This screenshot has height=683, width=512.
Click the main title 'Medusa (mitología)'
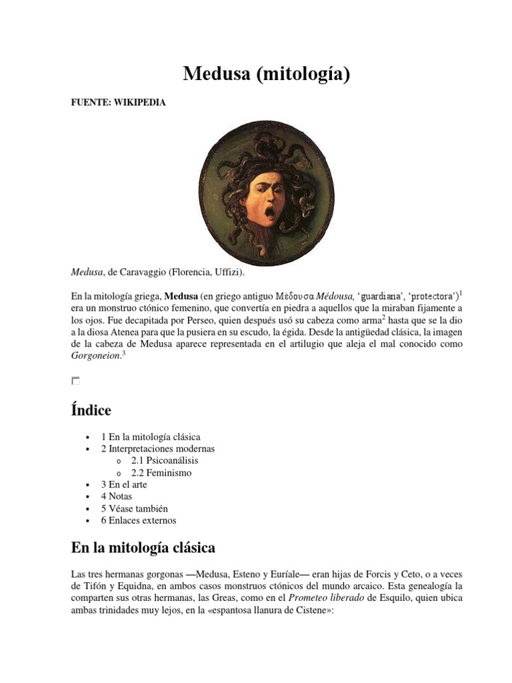[267, 75]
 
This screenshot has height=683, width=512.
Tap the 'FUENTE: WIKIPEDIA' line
[118, 103]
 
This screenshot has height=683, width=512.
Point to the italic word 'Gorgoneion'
[95, 356]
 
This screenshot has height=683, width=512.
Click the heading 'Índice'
[91, 409]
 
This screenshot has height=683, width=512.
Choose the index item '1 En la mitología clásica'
[151, 436]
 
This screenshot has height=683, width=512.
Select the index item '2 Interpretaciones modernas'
[158, 448]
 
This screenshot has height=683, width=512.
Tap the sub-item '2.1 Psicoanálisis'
[165, 460]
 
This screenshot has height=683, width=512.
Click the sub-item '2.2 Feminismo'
[161, 472]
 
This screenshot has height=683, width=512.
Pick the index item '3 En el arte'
[124, 484]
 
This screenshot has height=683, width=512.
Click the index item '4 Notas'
[117, 496]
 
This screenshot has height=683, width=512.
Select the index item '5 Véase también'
[134, 508]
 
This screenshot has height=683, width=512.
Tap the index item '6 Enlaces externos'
[139, 520]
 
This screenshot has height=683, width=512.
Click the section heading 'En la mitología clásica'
[143, 548]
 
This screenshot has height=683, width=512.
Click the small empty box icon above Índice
[75, 381]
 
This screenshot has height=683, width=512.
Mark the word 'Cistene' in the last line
[307, 610]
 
